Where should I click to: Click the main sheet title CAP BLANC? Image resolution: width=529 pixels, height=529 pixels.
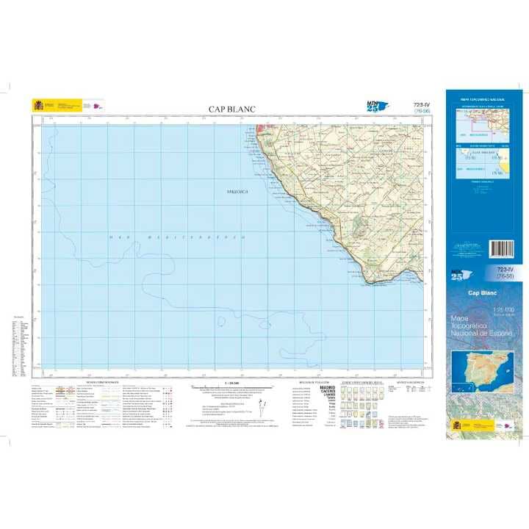click(232, 109)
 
